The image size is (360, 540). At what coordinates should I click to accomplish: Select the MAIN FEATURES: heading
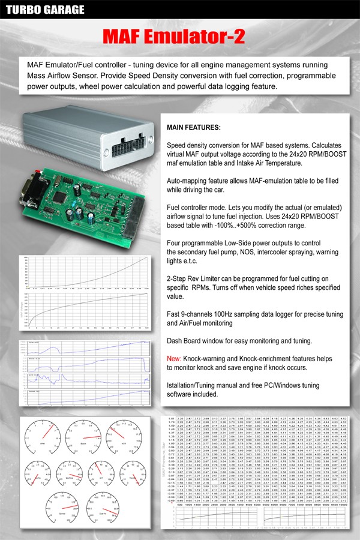193,128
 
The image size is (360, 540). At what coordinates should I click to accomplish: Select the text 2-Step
178,279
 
